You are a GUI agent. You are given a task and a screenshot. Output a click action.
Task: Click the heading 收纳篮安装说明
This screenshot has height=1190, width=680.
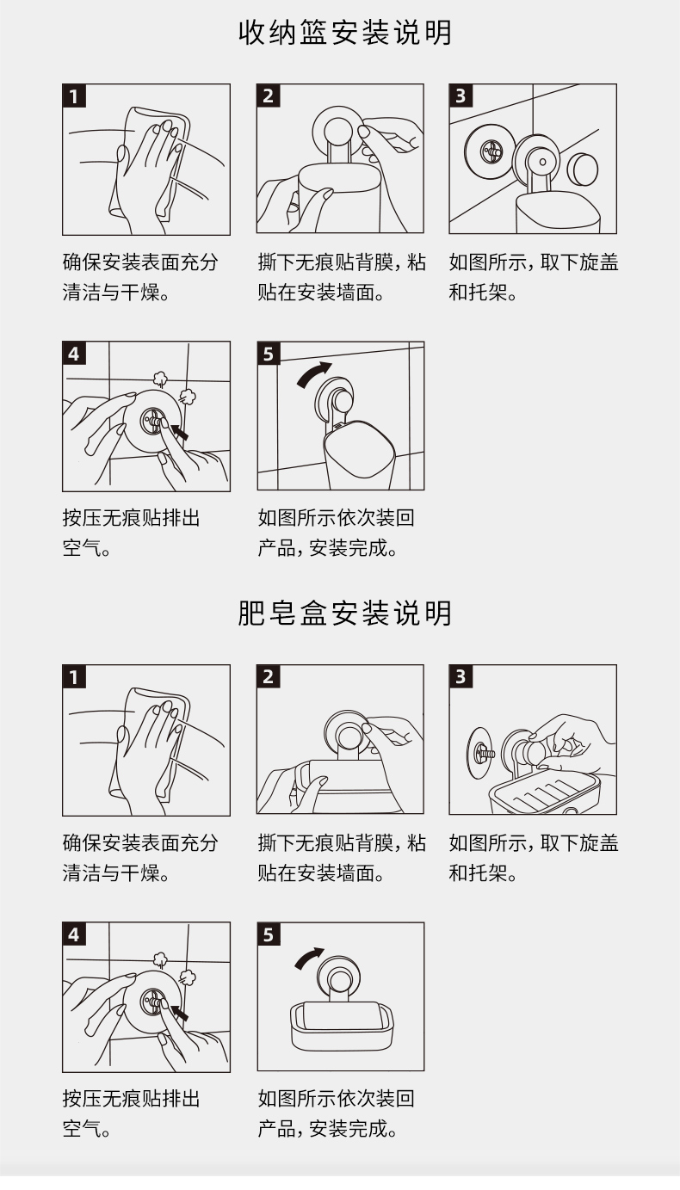point(345,33)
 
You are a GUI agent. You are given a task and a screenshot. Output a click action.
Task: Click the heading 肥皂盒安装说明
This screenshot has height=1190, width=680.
point(345,613)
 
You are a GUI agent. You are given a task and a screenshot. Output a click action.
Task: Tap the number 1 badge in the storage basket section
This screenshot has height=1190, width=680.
point(74,96)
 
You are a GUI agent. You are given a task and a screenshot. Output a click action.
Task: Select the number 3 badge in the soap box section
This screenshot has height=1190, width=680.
point(461,676)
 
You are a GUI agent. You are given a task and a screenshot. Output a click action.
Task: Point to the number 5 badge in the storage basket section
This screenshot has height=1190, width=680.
point(269,354)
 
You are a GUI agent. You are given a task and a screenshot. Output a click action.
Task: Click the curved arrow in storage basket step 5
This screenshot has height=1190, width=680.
point(312,373)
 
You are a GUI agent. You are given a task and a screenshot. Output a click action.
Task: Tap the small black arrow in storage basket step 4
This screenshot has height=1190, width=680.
point(180,432)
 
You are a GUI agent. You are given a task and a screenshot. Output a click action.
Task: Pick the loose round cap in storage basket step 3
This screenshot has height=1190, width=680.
point(582,168)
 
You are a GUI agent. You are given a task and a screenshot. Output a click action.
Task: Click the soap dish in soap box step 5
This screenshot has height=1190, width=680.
point(342,1022)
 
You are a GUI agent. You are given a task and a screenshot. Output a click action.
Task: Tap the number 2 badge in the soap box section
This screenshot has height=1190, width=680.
point(269,676)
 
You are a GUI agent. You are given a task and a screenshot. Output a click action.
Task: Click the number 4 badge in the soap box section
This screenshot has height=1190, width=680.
point(74,934)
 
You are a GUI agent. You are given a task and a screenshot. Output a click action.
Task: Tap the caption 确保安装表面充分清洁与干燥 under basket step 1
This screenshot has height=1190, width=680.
point(140,277)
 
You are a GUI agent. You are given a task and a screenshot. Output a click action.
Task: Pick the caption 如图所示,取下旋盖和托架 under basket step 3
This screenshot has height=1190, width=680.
point(534,277)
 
